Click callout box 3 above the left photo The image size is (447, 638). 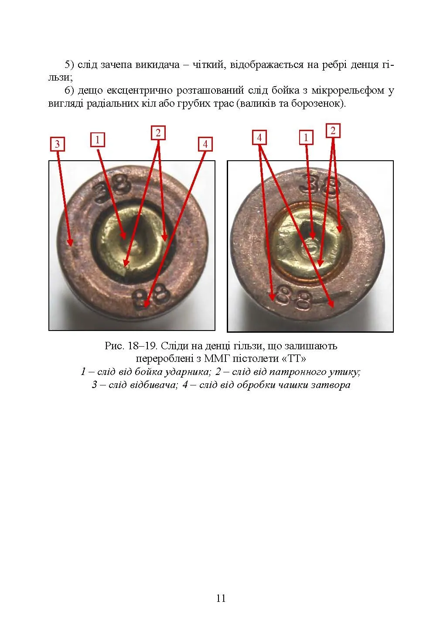(57, 144)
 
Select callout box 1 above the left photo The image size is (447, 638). (98, 140)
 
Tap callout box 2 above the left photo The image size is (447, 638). (158, 133)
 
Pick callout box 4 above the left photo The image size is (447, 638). (205, 144)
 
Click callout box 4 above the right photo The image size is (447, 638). (259, 138)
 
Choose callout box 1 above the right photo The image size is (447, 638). (306, 137)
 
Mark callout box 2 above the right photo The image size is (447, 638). (333, 131)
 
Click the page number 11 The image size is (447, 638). (221, 598)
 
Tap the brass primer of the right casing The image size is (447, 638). (310, 242)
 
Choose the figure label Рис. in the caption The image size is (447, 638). (114, 346)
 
